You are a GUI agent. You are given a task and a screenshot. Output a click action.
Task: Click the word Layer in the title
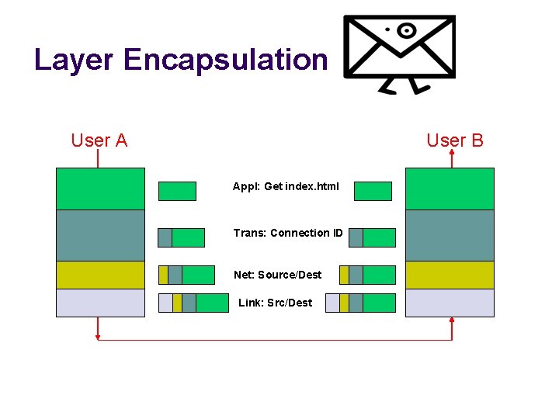pos(75,60)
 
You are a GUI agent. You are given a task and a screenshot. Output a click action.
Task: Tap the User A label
pos(99,140)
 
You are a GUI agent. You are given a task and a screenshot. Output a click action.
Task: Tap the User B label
pos(455,140)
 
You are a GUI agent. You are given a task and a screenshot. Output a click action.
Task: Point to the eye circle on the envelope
pos(405,31)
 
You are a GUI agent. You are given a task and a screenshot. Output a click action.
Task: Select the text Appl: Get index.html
pos(286,186)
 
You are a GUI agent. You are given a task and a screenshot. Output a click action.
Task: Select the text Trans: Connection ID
pos(288,233)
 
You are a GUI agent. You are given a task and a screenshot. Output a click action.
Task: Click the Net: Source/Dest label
pos(277,275)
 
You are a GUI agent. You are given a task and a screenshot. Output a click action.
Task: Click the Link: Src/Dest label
pos(275,303)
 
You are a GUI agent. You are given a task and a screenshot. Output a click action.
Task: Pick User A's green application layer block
pos(100,189)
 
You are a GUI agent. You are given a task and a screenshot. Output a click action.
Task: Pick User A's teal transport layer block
pos(100,235)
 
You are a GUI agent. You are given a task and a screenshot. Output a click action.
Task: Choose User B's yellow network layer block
pos(450,275)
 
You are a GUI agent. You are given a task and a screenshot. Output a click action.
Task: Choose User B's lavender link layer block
pos(450,303)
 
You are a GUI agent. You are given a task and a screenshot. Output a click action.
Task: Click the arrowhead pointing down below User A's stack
pos(98,336)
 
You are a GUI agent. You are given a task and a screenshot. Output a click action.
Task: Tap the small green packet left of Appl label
pos(177,191)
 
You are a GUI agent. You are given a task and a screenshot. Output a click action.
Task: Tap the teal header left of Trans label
pos(165,237)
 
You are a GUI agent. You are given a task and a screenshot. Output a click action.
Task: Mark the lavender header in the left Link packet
pos(165,303)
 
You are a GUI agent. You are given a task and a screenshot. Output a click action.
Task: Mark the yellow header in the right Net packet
pos(344,275)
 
